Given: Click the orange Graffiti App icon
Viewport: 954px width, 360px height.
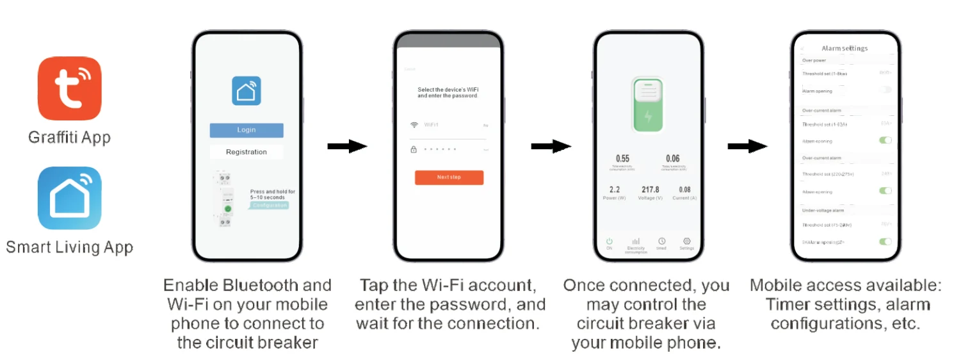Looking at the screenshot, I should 69,88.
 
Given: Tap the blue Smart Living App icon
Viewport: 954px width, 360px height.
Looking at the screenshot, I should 69,198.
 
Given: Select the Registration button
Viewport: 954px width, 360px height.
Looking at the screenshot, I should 247,152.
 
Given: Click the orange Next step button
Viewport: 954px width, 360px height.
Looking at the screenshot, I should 449,177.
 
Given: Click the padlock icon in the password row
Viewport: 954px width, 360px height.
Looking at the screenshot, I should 414,149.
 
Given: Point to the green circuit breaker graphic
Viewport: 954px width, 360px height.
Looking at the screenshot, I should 647,105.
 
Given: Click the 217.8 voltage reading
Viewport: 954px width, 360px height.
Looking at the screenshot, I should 650,190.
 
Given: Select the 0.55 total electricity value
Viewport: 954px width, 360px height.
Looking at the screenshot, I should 622,158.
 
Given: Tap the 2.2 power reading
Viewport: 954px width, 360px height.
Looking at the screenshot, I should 614,190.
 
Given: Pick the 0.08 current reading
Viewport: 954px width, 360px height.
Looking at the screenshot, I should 684,190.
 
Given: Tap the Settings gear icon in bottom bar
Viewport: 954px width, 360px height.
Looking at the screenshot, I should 687,241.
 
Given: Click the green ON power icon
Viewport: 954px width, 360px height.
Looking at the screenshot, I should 609,241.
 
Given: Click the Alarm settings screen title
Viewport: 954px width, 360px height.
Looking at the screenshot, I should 845,49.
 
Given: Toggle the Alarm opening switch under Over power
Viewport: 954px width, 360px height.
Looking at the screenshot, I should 885,90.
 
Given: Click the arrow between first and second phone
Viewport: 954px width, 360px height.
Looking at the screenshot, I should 347,147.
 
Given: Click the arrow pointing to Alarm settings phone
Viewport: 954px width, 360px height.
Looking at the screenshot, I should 747,147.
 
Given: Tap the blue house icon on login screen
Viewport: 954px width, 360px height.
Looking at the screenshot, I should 247,91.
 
